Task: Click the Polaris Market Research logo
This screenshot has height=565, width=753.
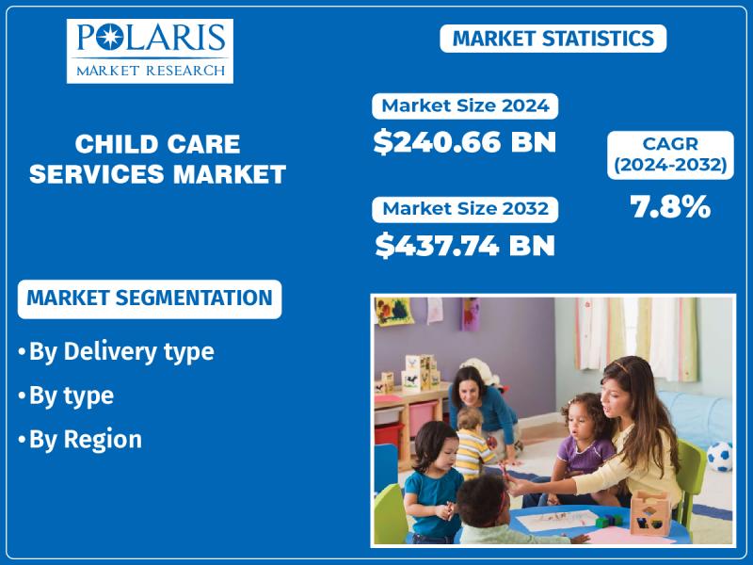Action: point(150,51)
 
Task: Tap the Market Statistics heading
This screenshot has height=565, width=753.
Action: point(553,39)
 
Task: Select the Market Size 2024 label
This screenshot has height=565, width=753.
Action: point(465,106)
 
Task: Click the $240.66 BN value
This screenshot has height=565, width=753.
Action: point(464,142)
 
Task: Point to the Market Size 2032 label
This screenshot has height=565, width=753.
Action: point(465,209)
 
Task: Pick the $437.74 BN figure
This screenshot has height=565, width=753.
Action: point(464,245)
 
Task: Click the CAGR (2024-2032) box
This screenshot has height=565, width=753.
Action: point(670,154)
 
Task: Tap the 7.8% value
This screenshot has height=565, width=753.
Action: point(670,207)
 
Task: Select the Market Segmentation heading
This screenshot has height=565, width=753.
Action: point(150,299)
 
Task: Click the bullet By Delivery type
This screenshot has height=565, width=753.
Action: point(117,351)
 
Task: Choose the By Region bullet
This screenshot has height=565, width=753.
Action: point(81,439)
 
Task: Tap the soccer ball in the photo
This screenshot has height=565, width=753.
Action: point(720,456)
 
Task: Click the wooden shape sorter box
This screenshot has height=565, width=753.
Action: point(649,512)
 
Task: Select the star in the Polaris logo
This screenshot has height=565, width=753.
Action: point(110,38)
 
